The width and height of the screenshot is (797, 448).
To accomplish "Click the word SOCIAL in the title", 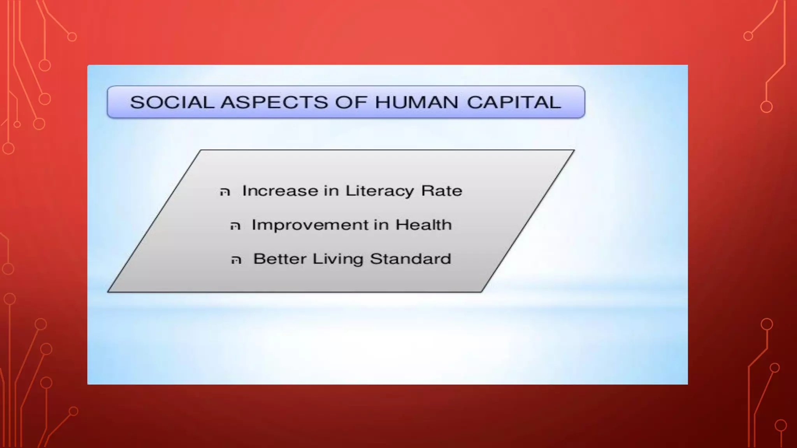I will (172, 102).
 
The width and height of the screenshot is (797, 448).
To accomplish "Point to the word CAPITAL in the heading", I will (514, 102).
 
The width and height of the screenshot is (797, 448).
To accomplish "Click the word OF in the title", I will (351, 102).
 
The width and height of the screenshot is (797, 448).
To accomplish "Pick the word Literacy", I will (379, 191).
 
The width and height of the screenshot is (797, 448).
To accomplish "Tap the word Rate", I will (442, 191).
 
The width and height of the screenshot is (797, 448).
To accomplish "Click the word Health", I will (423, 225).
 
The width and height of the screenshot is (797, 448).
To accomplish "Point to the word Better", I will (279, 259).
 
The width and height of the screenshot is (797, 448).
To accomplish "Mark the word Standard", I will (410, 259).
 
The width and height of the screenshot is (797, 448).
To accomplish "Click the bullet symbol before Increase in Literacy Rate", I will (225, 192).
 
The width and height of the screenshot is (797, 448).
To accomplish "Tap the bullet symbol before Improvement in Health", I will (235, 226).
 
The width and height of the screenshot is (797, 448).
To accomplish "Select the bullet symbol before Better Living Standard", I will (236, 260).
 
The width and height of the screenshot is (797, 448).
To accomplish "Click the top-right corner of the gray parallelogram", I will (574, 150).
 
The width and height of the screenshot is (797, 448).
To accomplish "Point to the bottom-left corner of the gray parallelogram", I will (109, 291).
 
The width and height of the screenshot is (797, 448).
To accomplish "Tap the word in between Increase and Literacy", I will (332, 191).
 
